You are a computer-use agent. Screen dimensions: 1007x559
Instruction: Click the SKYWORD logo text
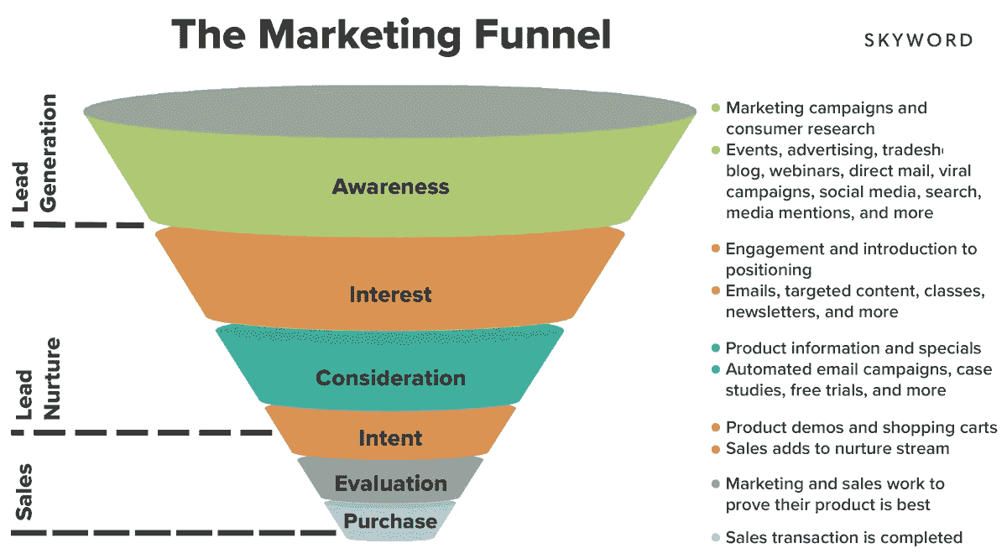[918, 40]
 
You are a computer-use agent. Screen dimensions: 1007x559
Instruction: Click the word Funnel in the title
[543, 34]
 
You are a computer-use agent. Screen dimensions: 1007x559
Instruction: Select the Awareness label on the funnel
[390, 186]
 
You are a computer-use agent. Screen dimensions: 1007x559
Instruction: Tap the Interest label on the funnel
[390, 295]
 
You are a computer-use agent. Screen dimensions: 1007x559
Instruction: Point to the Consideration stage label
[390, 378]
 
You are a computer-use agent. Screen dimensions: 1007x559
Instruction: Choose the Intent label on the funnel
[390, 438]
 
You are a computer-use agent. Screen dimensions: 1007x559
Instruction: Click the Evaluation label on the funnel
[390, 483]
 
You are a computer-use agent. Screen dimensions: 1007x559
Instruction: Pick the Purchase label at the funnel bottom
[390, 521]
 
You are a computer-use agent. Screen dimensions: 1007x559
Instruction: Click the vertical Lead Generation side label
[34, 153]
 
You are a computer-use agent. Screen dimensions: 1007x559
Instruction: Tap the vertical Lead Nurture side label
[38, 379]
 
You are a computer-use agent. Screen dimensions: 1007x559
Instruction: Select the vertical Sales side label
[23, 492]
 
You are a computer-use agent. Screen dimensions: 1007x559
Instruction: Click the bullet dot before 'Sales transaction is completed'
[716, 537]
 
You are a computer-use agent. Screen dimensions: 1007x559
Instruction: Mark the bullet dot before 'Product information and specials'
[716, 348]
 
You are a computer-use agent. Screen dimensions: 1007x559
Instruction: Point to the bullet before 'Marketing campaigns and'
[716, 108]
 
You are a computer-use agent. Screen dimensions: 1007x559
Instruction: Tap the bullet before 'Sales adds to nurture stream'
[716, 449]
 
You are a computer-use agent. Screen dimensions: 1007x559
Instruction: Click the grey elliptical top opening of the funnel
[390, 111]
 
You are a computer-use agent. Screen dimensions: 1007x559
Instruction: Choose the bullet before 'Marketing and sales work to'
[716, 484]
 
